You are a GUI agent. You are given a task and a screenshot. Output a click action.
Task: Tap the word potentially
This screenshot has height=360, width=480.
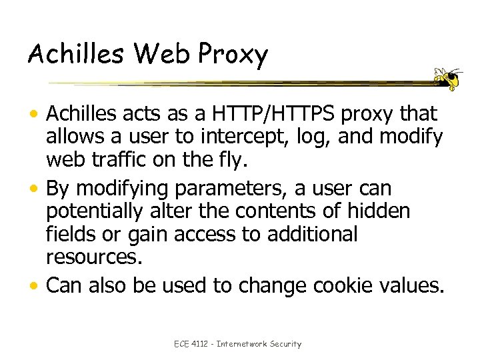[93, 212]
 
